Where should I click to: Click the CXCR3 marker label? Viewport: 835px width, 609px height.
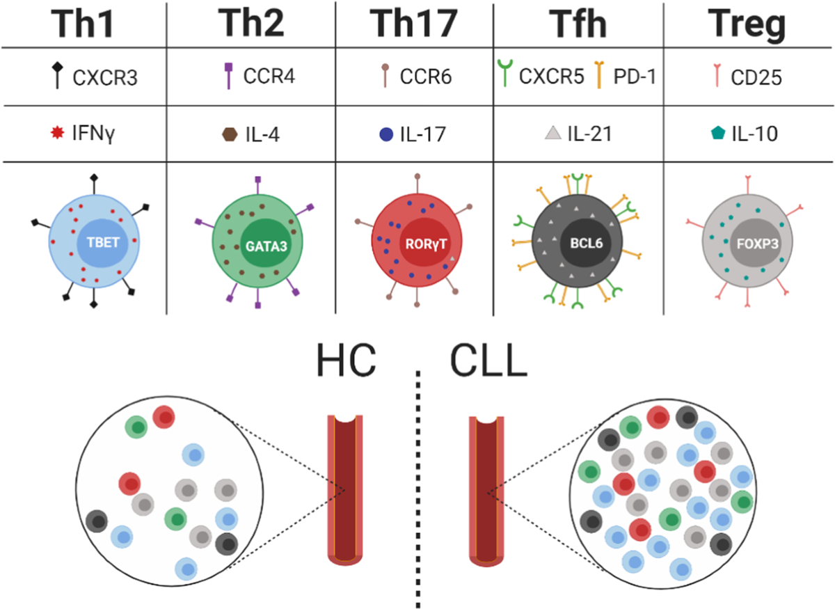coord(105,77)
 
